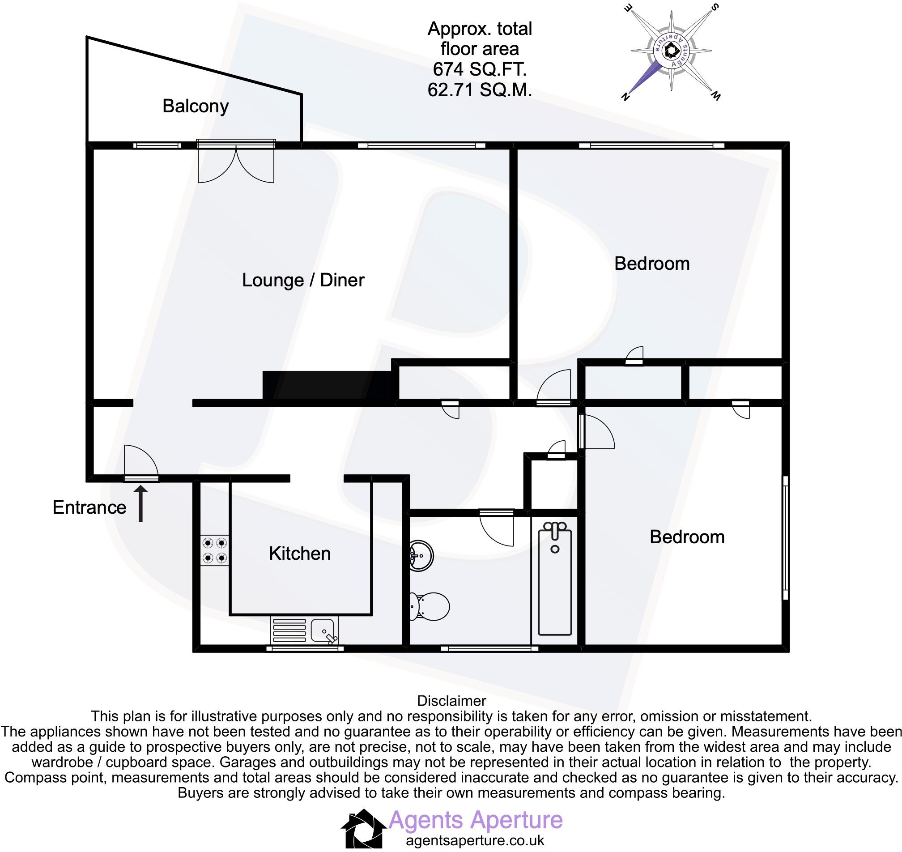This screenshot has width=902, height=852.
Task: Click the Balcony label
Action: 195,106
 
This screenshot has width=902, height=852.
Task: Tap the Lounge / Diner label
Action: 303,280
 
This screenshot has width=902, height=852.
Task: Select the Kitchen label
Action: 299,553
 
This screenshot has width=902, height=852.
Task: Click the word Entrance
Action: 89,507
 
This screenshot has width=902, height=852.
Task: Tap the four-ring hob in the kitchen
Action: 214,550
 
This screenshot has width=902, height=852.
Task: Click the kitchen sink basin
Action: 324,630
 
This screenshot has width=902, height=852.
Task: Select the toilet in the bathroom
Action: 429,606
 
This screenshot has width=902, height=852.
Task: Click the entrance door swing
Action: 141,462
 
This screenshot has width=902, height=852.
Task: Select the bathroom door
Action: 497,529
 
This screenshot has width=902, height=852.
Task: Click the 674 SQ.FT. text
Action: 479,69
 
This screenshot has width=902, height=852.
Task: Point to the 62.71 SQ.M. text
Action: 479,90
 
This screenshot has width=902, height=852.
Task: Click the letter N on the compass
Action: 625,96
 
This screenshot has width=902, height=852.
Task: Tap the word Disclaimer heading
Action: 451,701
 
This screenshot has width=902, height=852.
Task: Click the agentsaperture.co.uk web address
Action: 475,840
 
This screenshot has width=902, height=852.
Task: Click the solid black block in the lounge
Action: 327,385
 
